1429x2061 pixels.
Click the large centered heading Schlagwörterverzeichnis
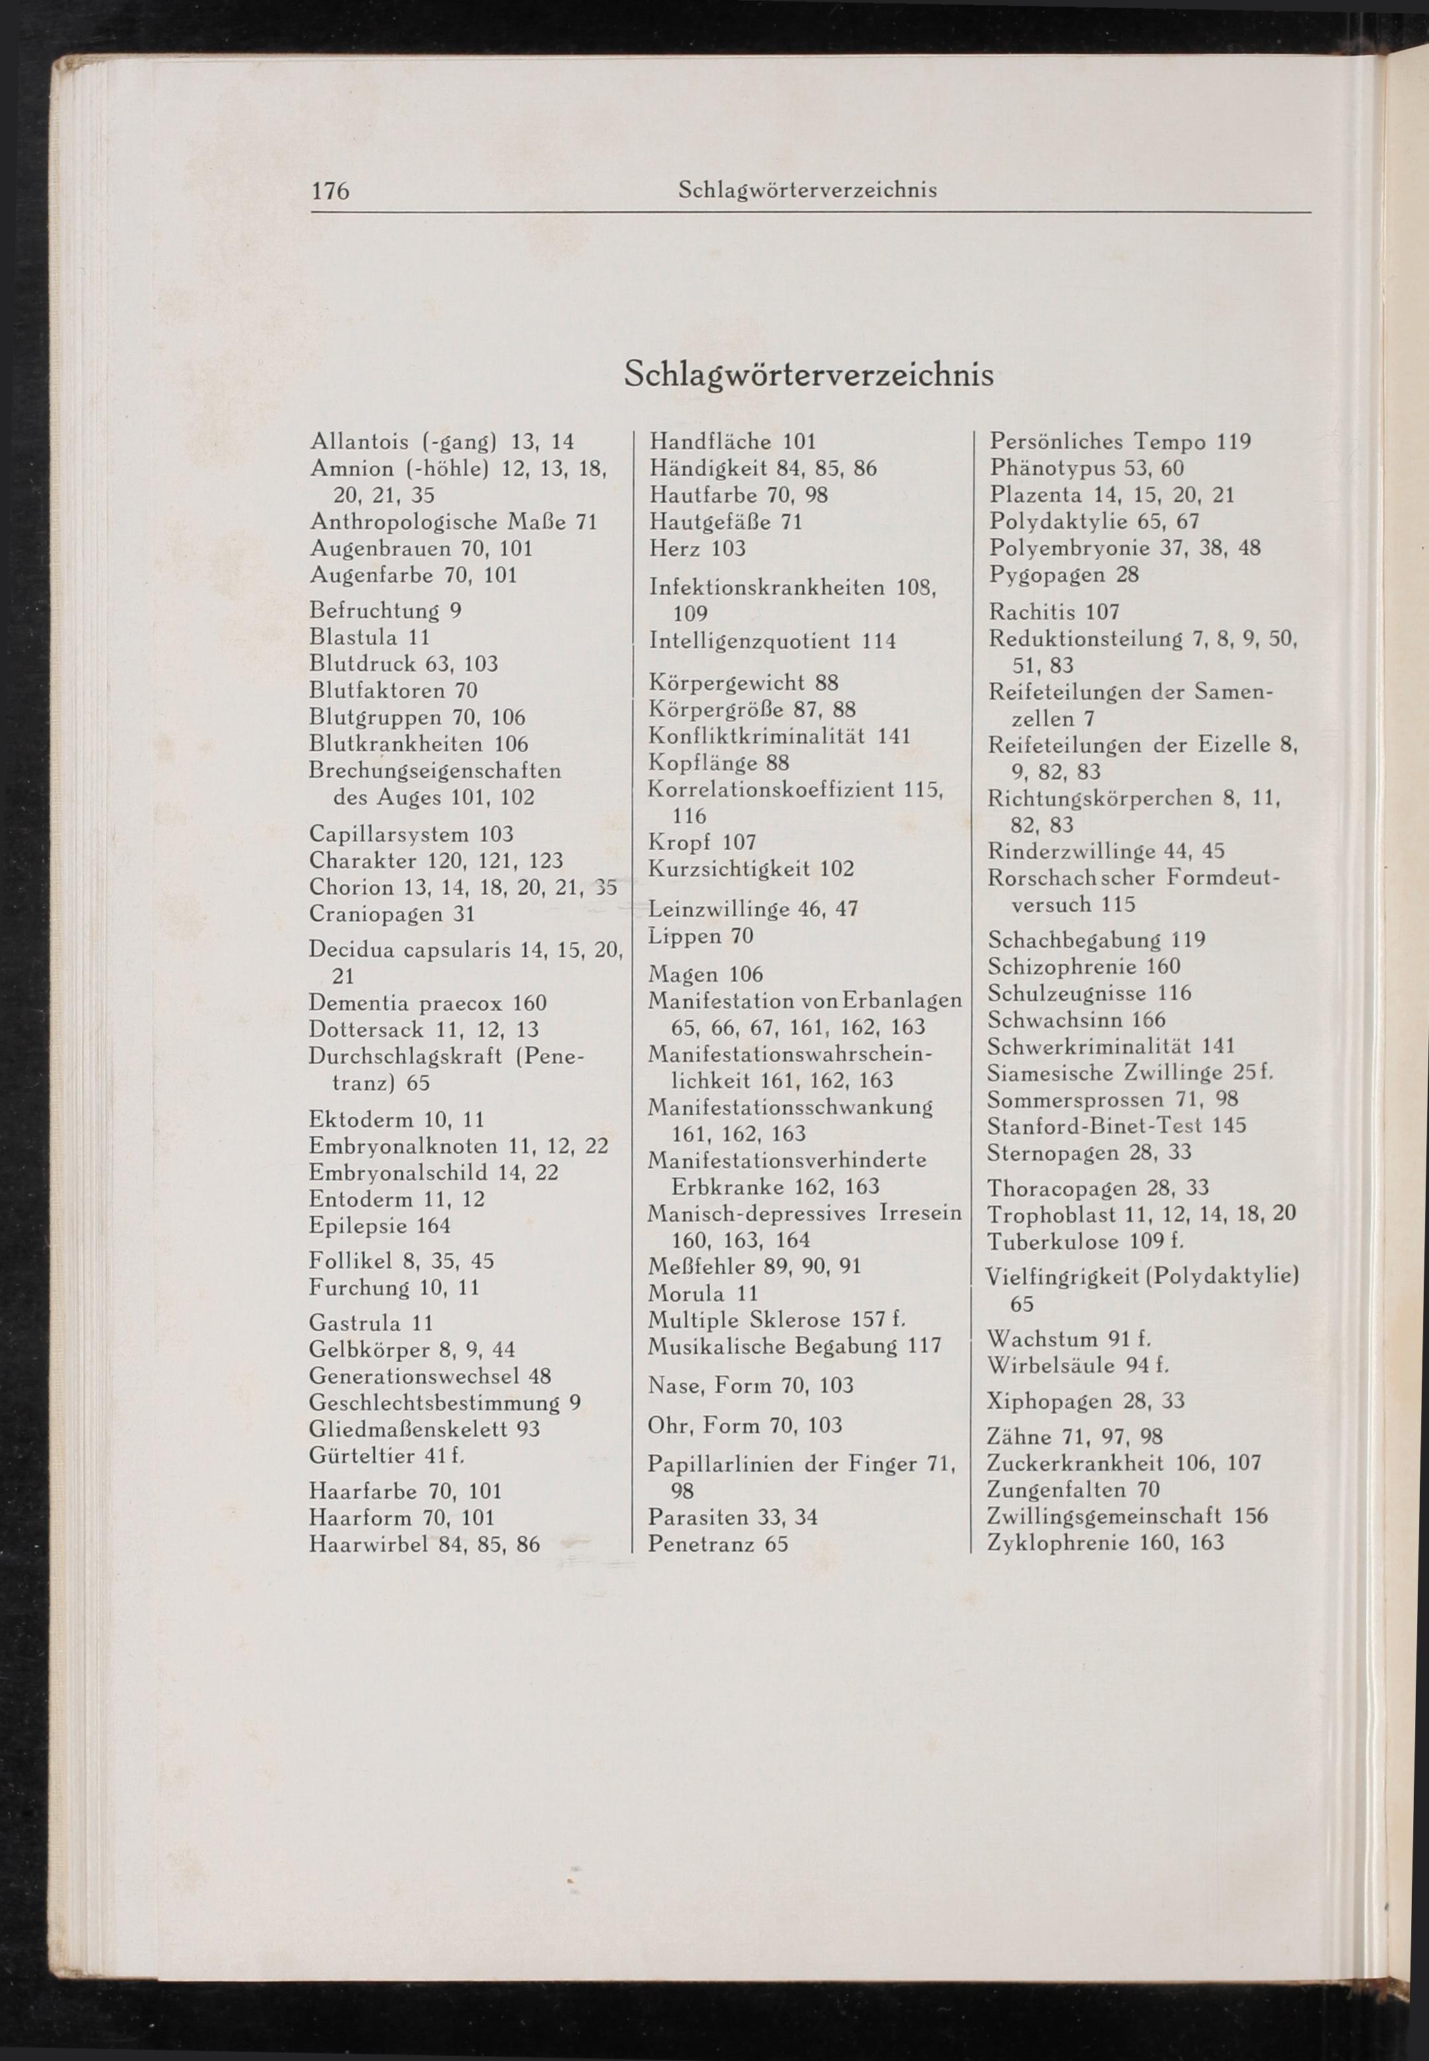808,373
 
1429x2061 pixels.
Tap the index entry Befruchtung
374,611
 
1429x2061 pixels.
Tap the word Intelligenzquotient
749,641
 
